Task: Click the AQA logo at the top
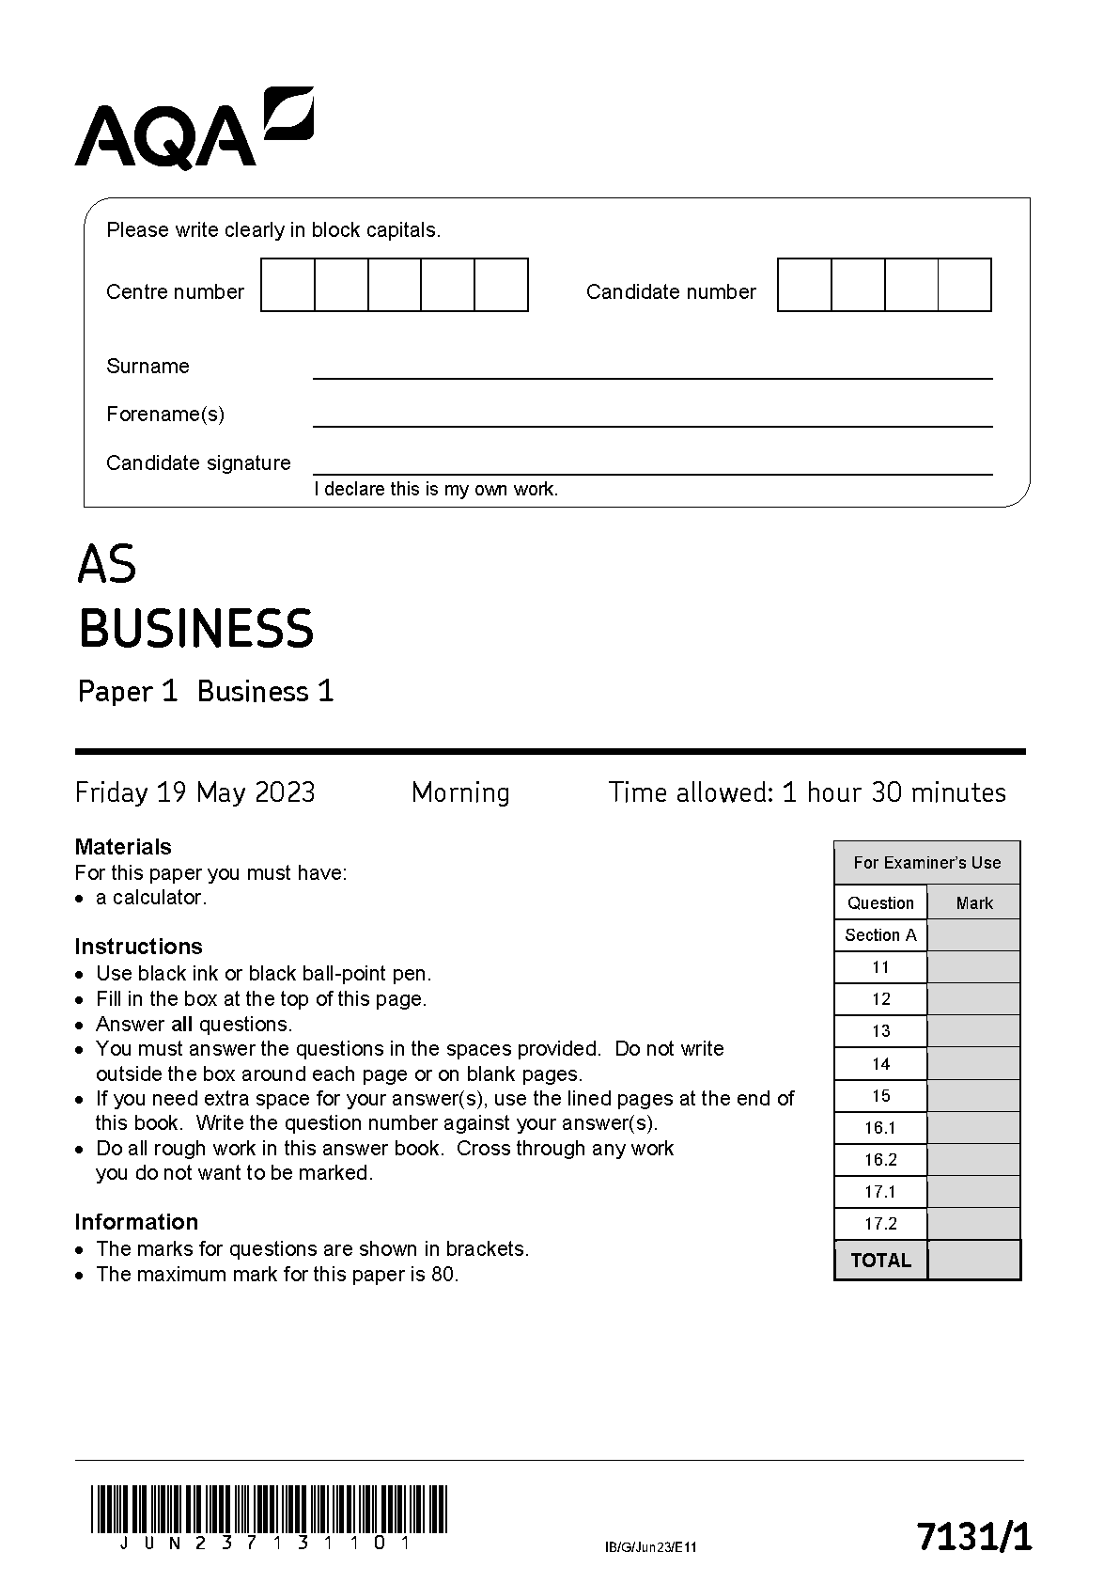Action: click(x=194, y=130)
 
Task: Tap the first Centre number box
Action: click(x=288, y=285)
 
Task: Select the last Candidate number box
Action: click(x=965, y=285)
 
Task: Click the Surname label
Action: click(x=148, y=367)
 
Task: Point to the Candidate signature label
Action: click(x=198, y=462)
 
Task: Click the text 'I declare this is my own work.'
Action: click(x=436, y=489)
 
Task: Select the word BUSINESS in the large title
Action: click(x=195, y=629)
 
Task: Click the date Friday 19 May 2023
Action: click(x=194, y=792)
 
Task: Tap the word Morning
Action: click(x=460, y=792)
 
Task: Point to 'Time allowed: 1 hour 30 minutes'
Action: click(x=806, y=792)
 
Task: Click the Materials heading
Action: click(x=123, y=846)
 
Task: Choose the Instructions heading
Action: click(x=138, y=946)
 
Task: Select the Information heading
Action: click(x=136, y=1221)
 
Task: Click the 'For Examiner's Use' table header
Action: click(x=926, y=862)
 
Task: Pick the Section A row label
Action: click(x=880, y=934)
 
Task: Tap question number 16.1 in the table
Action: click(x=880, y=1127)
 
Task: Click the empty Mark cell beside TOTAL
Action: click(x=973, y=1260)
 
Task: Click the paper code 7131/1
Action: click(x=973, y=1537)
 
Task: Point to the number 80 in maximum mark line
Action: click(x=445, y=1275)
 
